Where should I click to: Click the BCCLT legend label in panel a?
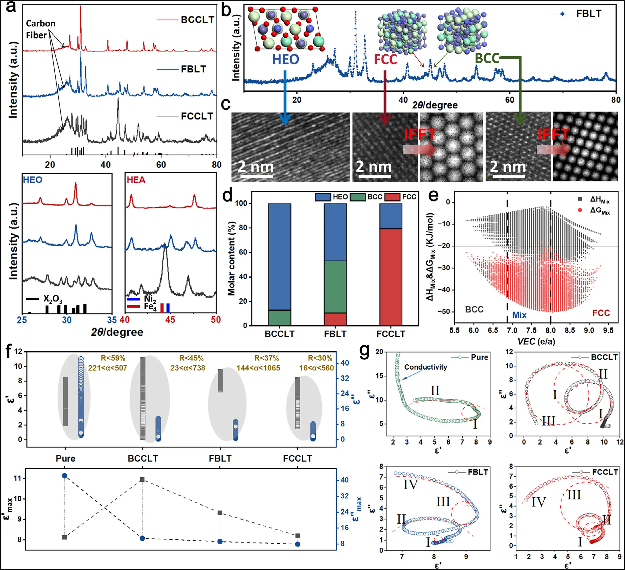tap(197, 20)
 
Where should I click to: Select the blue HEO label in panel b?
tap(285, 59)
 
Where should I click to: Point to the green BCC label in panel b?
tap(487, 59)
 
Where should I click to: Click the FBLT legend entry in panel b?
tap(588, 14)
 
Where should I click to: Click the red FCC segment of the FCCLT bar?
tap(391, 277)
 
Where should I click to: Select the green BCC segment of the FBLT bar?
tap(335, 287)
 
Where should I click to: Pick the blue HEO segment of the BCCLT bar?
tap(279, 256)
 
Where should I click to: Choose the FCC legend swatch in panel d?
tap(392, 197)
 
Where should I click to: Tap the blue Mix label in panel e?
tap(519, 315)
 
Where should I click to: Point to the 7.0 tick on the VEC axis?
tap(512, 331)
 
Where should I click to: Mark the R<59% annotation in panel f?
tap(113, 358)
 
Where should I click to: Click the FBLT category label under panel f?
tap(220, 459)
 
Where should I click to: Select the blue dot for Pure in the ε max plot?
tap(64, 476)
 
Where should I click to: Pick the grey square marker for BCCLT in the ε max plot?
tap(142, 480)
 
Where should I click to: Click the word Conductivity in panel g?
tap(425, 367)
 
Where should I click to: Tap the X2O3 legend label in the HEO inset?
tap(53, 299)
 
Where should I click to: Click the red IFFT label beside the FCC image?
tap(420, 135)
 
